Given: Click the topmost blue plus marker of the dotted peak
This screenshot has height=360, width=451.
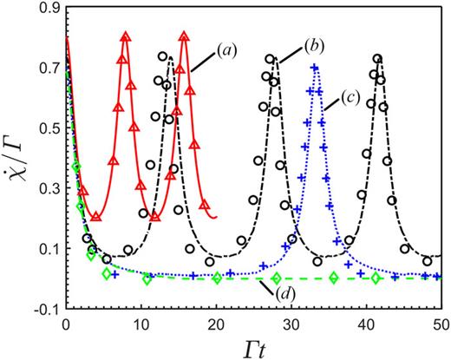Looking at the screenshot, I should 315,68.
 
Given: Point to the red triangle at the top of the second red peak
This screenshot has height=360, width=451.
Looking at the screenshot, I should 184,37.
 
